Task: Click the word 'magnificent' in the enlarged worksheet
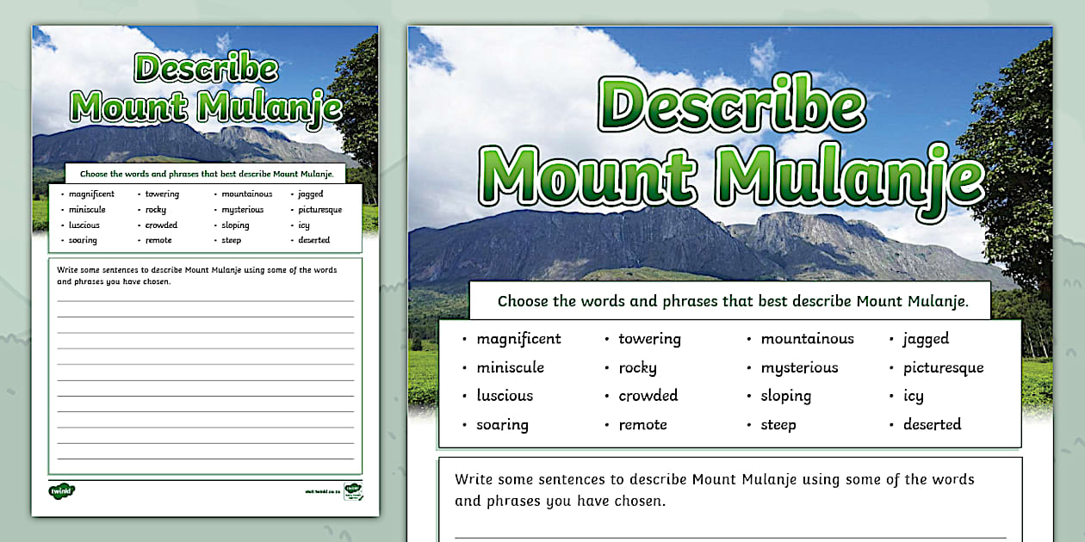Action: (x=518, y=339)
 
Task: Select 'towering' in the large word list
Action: (x=649, y=339)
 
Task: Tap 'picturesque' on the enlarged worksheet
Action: (x=943, y=368)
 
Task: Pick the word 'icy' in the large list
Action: (x=913, y=397)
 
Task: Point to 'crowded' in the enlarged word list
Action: (x=648, y=396)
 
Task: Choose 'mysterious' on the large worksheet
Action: (x=799, y=368)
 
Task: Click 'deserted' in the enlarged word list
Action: (x=932, y=425)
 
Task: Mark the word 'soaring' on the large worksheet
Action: (x=502, y=425)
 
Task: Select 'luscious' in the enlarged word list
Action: (x=505, y=396)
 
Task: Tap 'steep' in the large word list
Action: (x=778, y=425)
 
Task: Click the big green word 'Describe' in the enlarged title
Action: (x=731, y=107)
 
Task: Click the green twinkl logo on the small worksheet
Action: (x=61, y=490)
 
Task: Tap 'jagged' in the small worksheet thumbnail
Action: (x=311, y=194)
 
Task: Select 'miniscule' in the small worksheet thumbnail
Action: (x=87, y=210)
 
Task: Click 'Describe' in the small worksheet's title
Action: (x=206, y=70)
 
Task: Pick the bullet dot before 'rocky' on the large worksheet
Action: (x=608, y=368)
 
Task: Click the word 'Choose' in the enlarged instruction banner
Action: (x=524, y=302)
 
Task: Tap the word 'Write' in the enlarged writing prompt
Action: (x=474, y=479)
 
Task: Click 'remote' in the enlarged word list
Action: (x=642, y=425)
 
